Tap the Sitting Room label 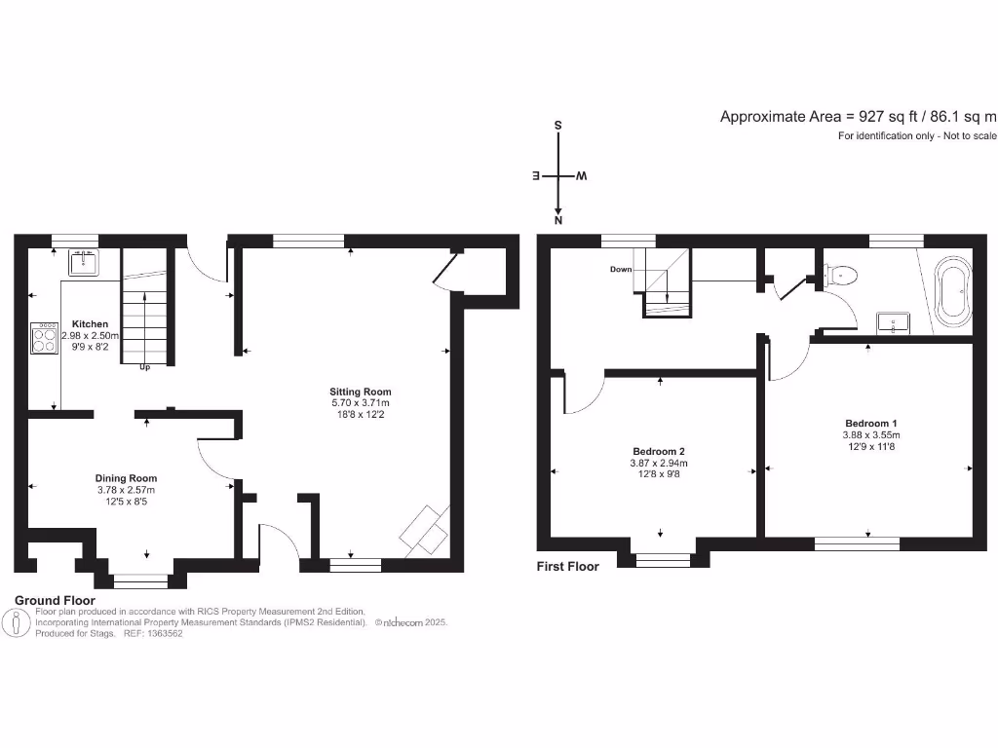pos(360,393)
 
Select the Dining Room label pos(126,478)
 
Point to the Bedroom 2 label pos(660,452)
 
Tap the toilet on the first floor pos(842,276)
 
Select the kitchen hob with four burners pos(45,338)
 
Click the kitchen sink pos(84,261)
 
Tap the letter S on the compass pos(557,126)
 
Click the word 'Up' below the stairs pos(145,368)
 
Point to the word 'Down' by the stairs pos(621,269)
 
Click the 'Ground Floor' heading pos(54,600)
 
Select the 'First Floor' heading pos(568,566)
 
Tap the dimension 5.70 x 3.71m pos(360,403)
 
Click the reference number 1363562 pos(162,633)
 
